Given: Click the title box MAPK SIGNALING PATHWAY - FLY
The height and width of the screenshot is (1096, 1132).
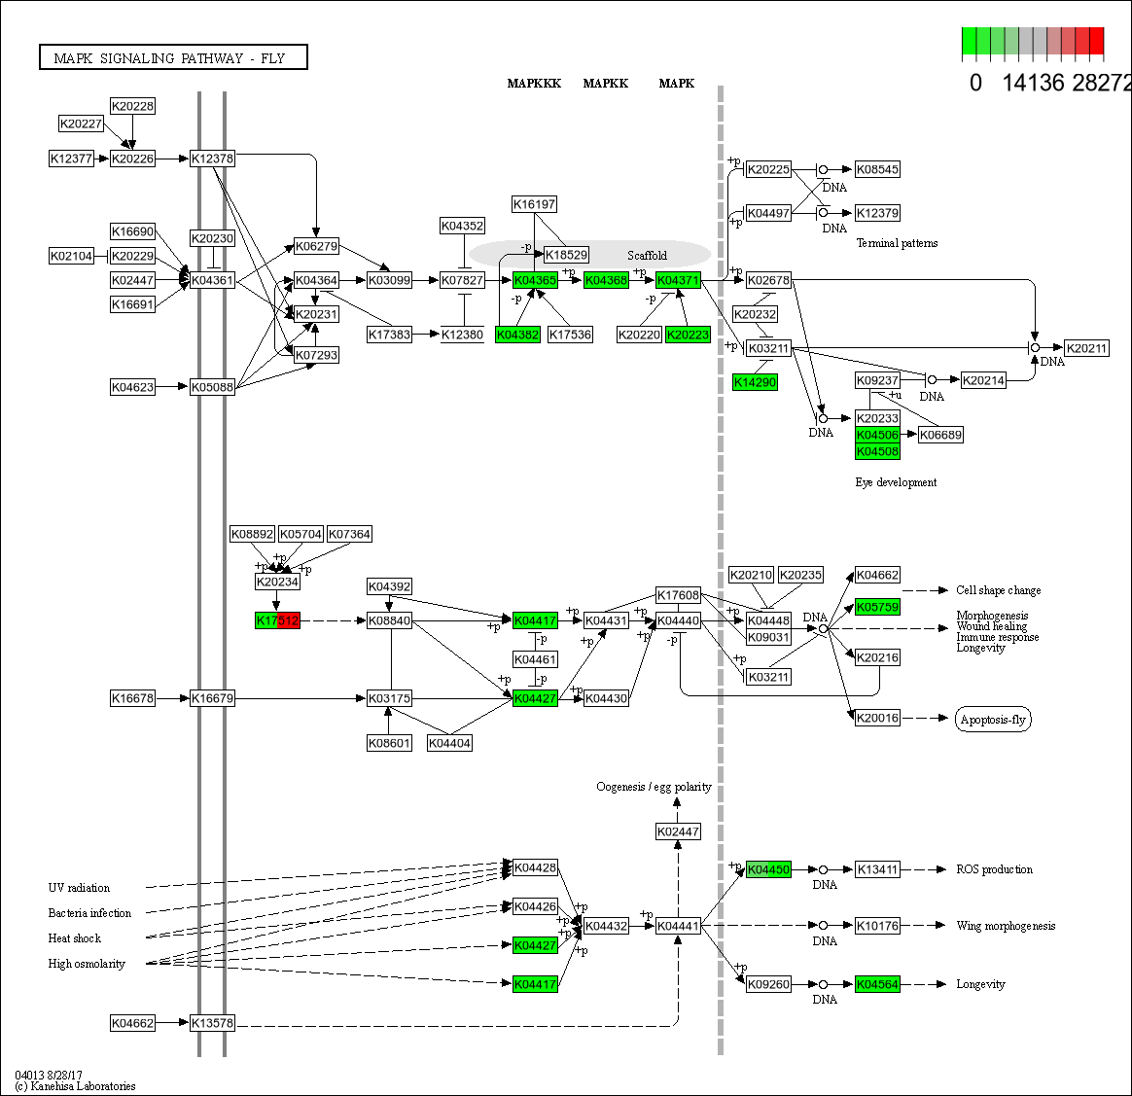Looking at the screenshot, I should click(x=173, y=58).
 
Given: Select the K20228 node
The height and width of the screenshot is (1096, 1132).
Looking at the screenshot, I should click(x=132, y=106).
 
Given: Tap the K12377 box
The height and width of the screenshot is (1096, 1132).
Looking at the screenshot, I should click(x=71, y=159).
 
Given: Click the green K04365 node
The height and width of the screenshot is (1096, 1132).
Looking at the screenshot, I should click(x=535, y=280).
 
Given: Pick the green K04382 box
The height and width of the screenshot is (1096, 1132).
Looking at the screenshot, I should click(x=517, y=335).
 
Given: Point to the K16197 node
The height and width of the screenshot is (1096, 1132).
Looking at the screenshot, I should click(x=535, y=204).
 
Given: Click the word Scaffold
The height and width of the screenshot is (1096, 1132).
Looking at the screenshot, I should click(x=647, y=256).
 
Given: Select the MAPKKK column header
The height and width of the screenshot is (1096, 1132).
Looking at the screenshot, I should click(x=534, y=84).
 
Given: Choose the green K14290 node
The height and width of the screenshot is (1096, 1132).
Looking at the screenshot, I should click(x=755, y=382).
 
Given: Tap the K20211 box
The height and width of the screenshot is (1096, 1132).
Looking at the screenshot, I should click(x=1086, y=348).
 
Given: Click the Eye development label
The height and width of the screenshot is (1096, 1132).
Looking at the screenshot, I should click(x=896, y=482).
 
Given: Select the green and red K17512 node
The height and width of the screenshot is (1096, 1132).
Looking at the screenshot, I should click(x=277, y=620).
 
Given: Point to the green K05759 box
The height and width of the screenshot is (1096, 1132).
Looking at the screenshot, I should click(x=877, y=607).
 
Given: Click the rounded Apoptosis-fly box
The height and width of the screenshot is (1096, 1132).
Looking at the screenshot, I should click(x=993, y=720).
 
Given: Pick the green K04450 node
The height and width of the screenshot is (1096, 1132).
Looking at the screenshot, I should click(x=768, y=869).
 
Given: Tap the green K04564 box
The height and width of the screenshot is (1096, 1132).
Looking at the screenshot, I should click(x=877, y=984).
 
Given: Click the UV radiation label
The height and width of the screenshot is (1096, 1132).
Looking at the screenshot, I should click(x=79, y=888).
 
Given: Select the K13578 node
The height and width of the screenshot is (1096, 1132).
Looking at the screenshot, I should click(x=212, y=1023).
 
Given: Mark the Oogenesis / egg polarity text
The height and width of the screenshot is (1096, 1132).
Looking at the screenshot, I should click(x=654, y=787).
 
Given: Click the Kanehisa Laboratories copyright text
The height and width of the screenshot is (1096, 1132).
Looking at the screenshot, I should click(x=75, y=1086).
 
